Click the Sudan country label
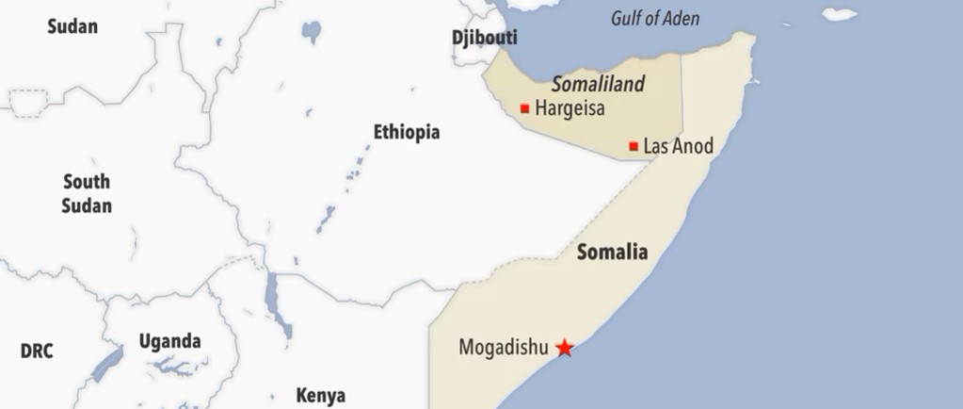(72, 26)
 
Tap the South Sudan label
(87, 193)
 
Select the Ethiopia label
(406, 132)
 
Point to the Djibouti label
(485, 39)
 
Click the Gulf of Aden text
(655, 18)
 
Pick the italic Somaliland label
(598, 84)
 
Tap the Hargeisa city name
(570, 108)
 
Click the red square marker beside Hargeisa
(524, 108)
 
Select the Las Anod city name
(678, 146)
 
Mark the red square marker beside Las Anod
(634, 146)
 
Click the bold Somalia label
(612, 252)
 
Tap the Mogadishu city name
(503, 347)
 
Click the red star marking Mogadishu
(564, 348)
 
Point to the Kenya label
(320, 395)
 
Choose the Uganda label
(169, 340)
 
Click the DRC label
(37, 352)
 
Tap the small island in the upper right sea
(840, 14)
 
